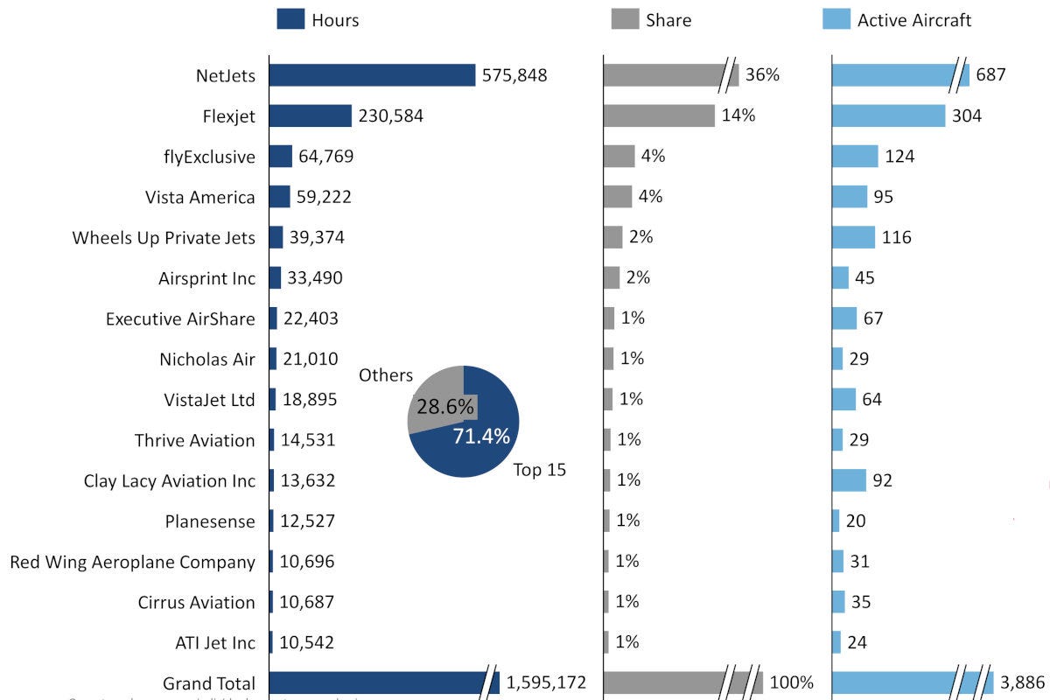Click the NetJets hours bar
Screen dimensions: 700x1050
point(372,75)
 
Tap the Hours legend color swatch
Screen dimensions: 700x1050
point(290,19)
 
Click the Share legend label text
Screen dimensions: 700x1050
point(668,19)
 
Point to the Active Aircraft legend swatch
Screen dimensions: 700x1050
point(836,19)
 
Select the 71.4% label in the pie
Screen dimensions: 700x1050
point(480,437)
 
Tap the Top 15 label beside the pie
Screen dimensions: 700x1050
point(539,470)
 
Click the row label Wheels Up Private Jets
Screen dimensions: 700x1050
point(164,237)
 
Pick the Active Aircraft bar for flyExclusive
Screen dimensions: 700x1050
point(854,157)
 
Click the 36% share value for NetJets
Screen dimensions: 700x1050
point(762,75)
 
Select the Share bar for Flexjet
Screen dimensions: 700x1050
point(659,115)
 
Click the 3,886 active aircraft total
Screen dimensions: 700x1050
point(1021,683)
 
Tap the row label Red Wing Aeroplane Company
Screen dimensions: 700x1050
point(132,562)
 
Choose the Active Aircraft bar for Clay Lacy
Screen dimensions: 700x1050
point(849,480)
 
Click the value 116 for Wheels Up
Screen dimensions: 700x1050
point(896,237)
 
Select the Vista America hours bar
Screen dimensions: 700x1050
point(279,197)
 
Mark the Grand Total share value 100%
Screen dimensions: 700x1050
point(792,683)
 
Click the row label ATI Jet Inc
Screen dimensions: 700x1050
point(215,643)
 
